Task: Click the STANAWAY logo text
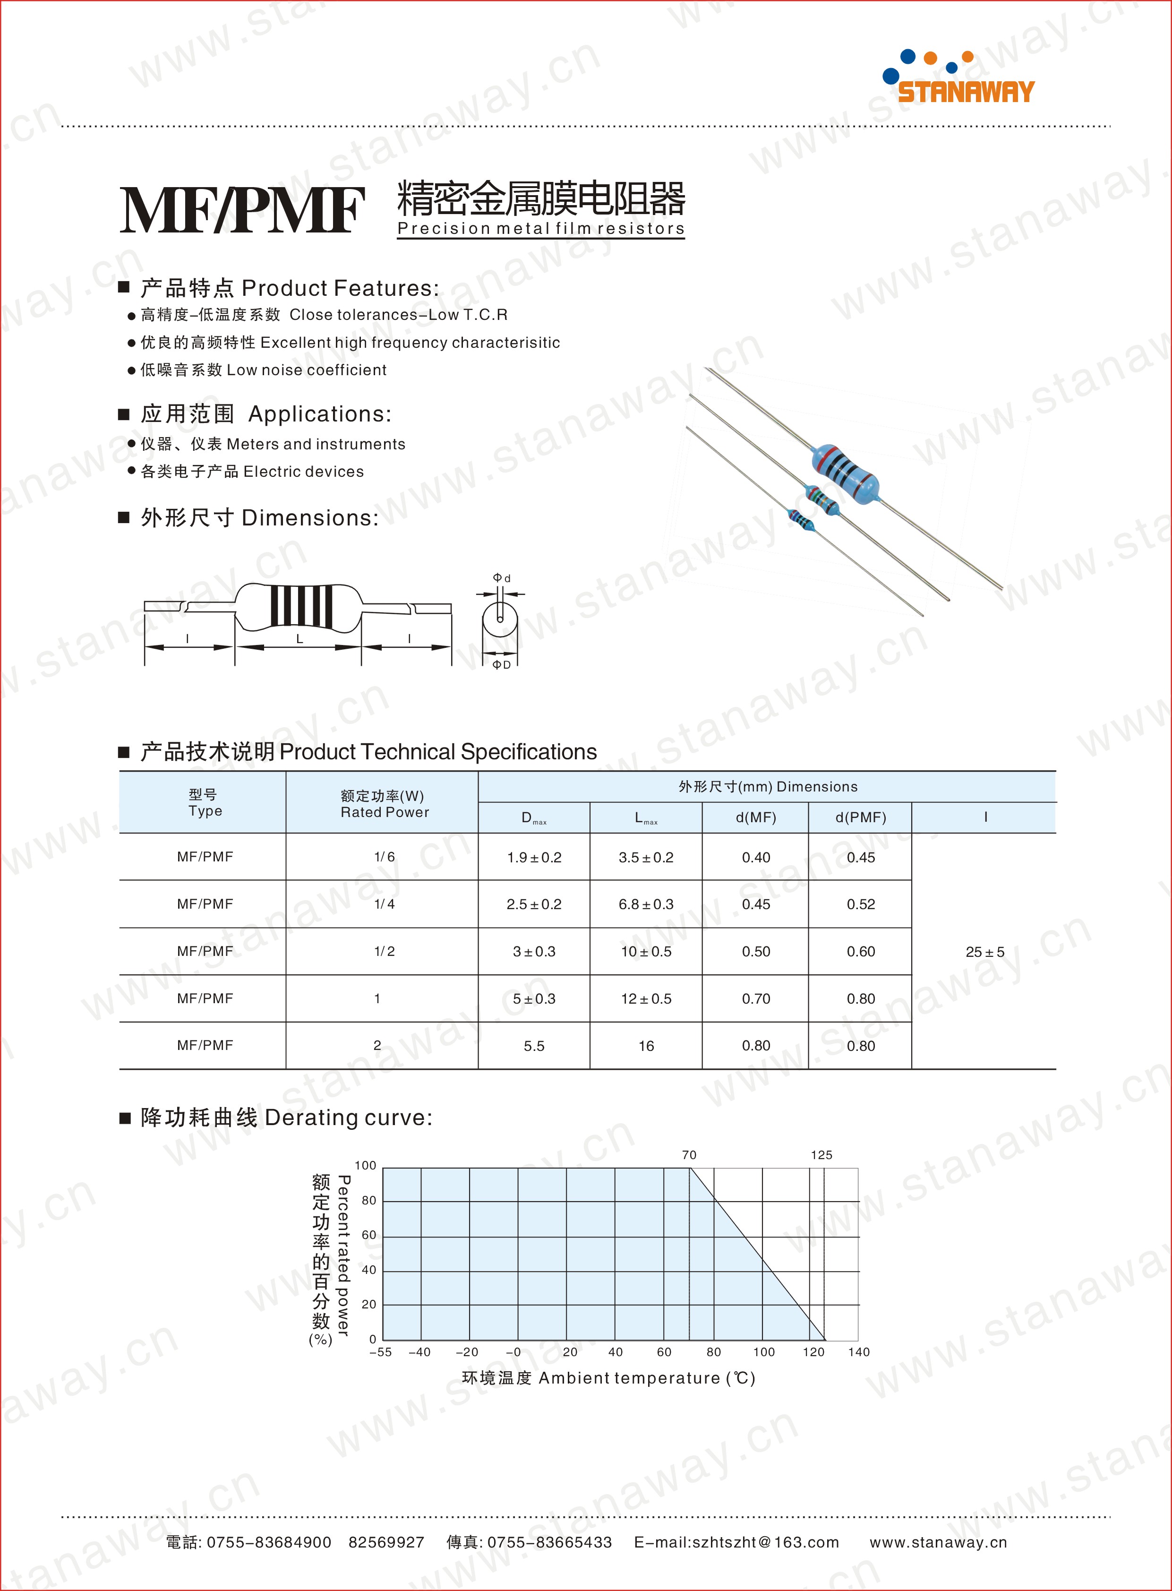click(x=966, y=92)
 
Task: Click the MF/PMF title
click(x=242, y=210)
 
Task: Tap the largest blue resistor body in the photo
click(x=844, y=470)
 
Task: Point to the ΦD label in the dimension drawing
click(x=502, y=665)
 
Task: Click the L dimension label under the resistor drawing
click(x=299, y=639)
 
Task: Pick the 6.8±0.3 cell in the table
click(x=646, y=904)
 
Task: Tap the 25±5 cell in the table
click(x=985, y=952)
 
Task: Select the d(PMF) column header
click(x=861, y=817)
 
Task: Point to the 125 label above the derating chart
click(x=821, y=1154)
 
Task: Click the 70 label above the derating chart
click(x=689, y=1154)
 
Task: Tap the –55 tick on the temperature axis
click(x=380, y=1352)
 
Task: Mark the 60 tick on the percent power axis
click(x=369, y=1235)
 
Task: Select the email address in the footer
click(x=736, y=1542)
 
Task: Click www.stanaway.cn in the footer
click(x=938, y=1542)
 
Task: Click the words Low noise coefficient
click(x=307, y=370)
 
